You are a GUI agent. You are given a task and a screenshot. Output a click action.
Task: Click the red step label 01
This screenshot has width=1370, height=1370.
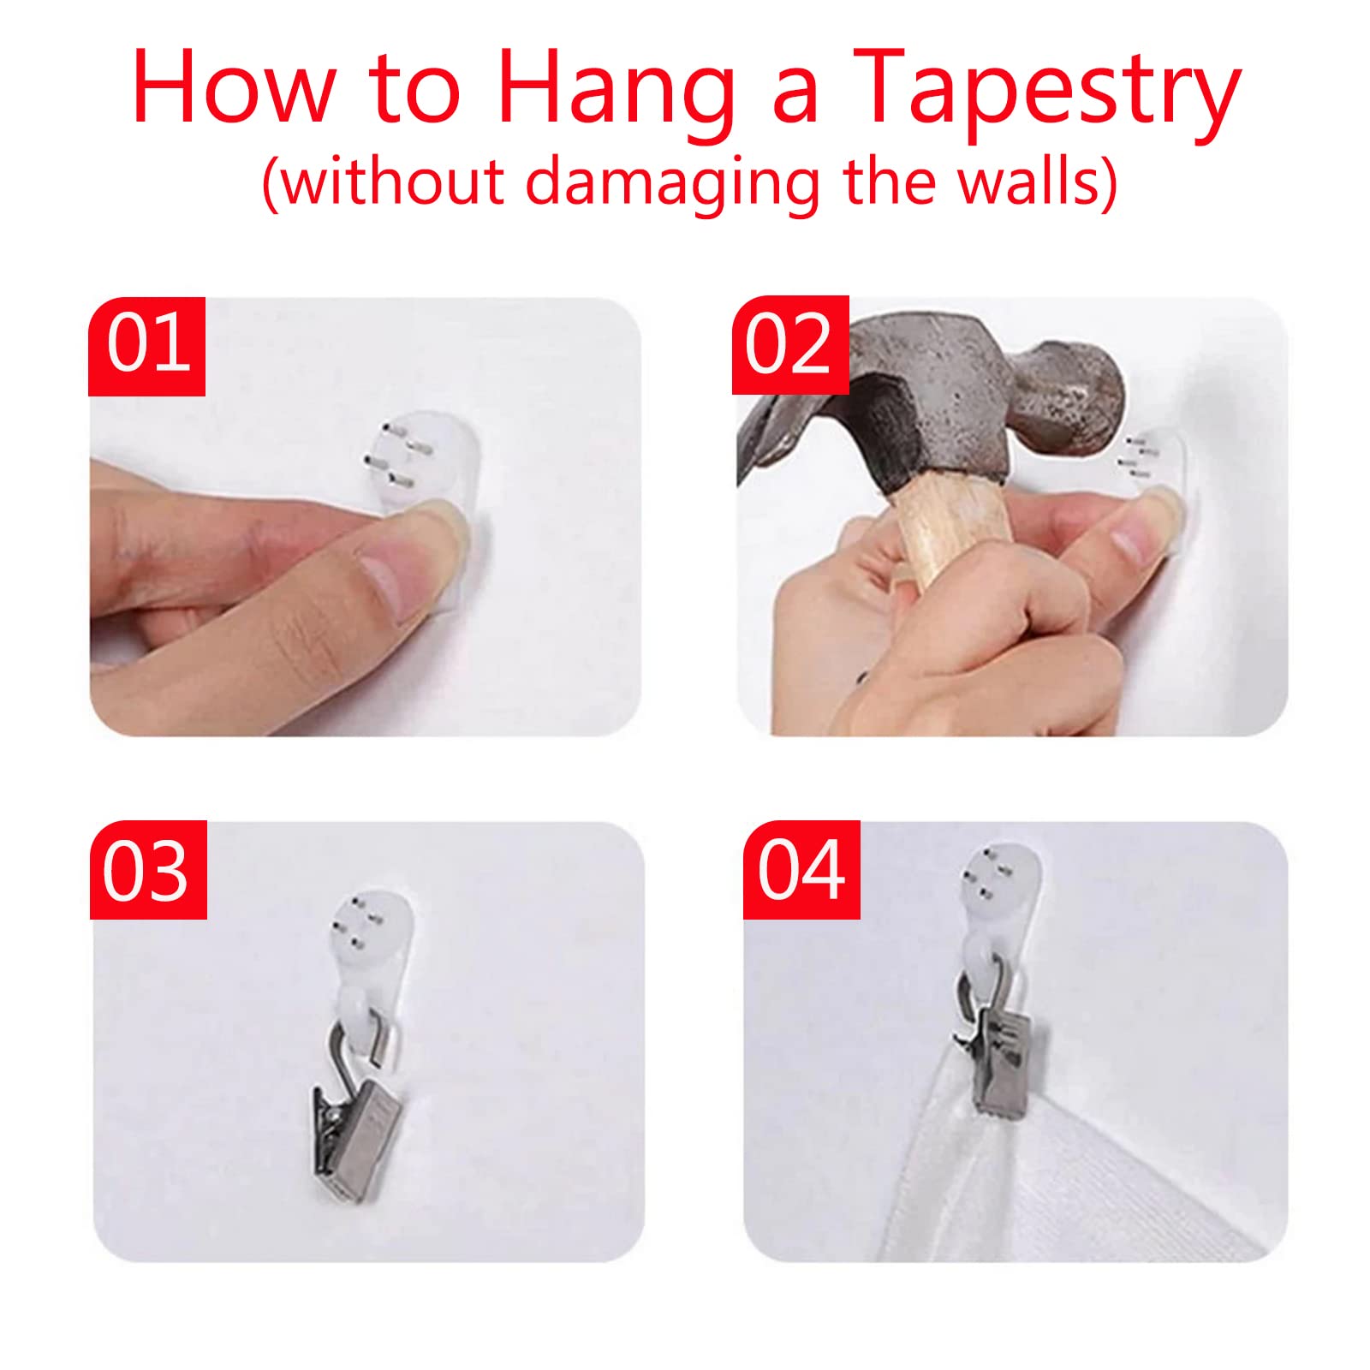tap(146, 346)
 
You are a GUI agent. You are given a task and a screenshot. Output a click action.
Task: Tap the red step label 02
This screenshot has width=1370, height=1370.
tap(790, 345)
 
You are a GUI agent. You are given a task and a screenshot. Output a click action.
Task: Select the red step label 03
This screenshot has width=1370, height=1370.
tap(148, 870)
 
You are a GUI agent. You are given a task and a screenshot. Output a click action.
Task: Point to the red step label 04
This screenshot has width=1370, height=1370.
tap(801, 870)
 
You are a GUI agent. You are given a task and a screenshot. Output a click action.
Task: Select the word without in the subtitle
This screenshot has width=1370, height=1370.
tap(394, 182)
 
